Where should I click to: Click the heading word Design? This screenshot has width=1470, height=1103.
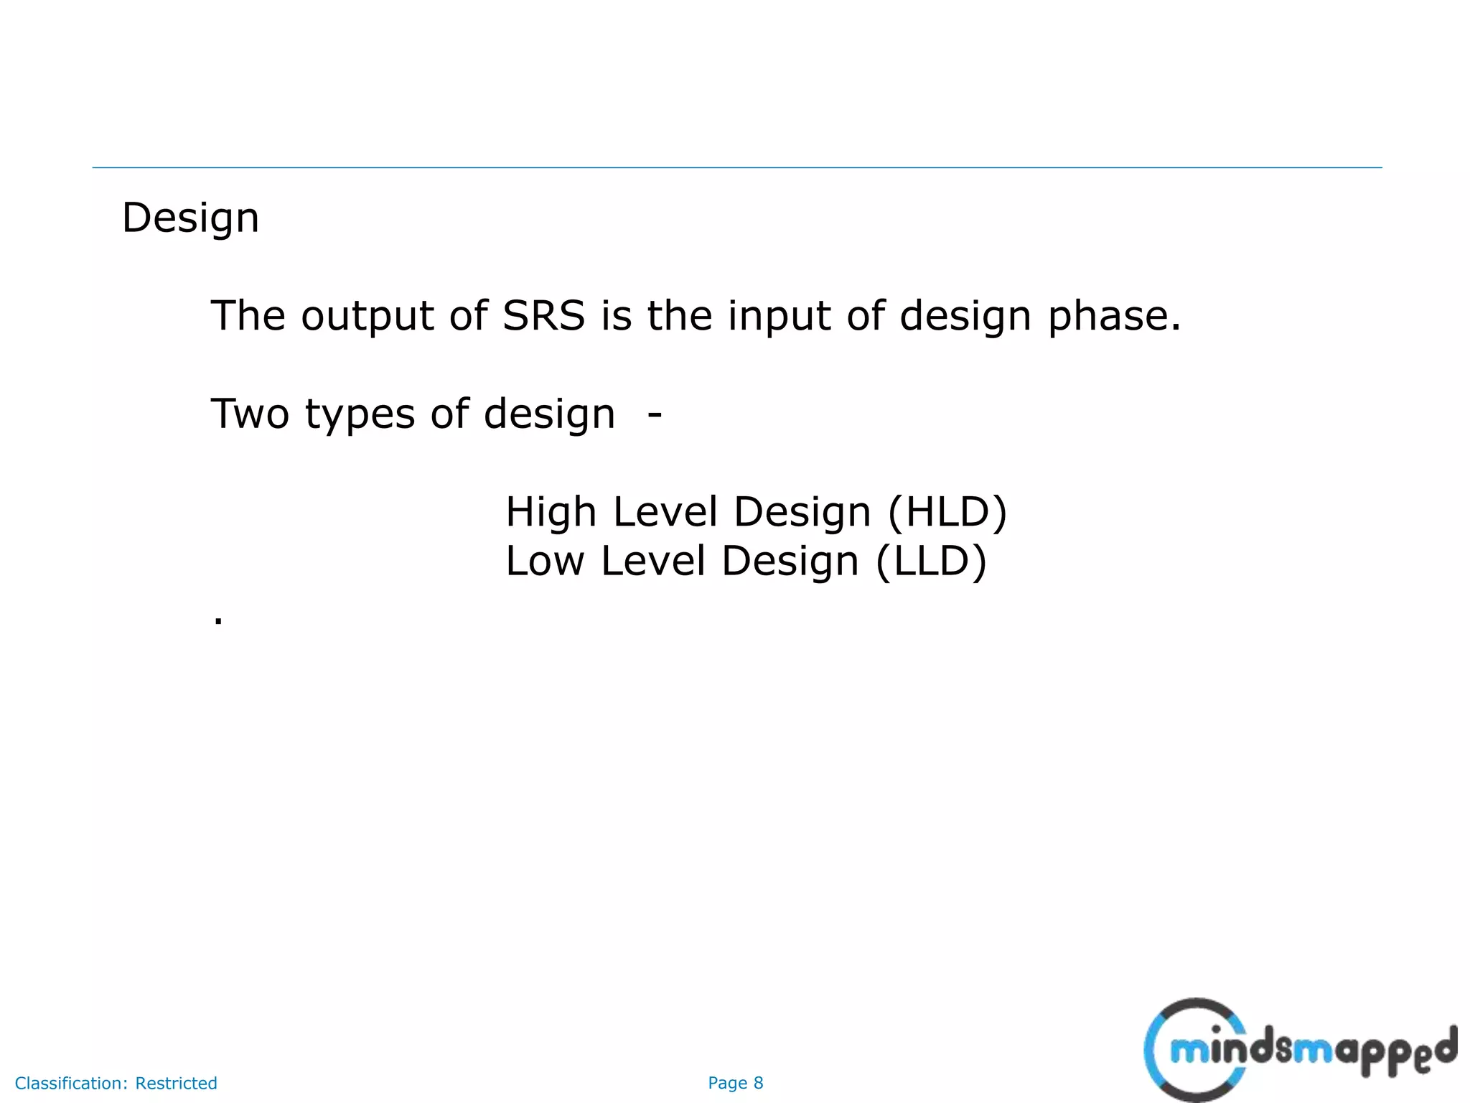point(190,218)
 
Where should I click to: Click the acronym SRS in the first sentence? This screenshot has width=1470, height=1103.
point(543,316)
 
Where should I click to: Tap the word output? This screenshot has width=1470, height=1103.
point(367,316)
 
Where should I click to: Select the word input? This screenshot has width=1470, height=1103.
point(779,316)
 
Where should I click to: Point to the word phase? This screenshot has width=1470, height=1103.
point(1113,316)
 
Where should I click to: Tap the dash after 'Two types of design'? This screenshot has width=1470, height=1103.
point(654,414)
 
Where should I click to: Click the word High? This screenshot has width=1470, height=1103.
point(551,513)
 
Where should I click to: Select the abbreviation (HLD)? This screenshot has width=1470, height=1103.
point(947,513)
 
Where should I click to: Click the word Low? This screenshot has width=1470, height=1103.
point(544,562)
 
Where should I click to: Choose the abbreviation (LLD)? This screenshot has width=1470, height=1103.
point(931,562)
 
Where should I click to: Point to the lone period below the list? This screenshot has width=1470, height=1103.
point(218,620)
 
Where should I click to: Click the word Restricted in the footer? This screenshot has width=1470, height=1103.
point(176,1083)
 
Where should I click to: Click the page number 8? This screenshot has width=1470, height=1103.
point(758,1083)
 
